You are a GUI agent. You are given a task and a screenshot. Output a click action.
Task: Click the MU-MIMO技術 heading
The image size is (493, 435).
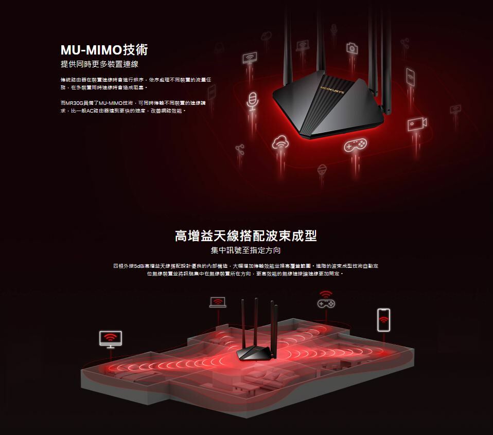[x=104, y=50]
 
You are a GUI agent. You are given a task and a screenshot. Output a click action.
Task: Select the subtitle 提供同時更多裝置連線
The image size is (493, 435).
[x=99, y=64]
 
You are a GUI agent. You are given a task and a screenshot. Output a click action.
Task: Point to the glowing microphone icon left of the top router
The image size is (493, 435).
[x=252, y=99]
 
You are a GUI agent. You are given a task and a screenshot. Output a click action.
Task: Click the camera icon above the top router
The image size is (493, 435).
[x=352, y=48]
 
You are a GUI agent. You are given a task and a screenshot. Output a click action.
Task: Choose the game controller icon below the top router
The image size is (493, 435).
[x=355, y=144]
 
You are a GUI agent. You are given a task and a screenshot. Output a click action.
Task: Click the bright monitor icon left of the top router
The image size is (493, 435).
[x=250, y=59]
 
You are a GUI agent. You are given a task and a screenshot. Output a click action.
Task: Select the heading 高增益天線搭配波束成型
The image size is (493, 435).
[x=246, y=236]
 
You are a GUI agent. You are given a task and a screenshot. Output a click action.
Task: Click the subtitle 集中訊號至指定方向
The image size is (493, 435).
[x=246, y=251]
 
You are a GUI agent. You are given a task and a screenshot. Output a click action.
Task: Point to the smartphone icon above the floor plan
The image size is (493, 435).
[x=383, y=320]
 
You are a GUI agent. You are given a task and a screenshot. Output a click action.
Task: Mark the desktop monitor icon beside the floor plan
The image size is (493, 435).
[x=111, y=339]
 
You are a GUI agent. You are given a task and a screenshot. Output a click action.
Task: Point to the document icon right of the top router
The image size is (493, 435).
[x=410, y=77]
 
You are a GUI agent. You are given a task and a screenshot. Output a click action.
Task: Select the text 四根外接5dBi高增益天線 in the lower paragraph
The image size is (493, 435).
[x=136, y=266]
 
